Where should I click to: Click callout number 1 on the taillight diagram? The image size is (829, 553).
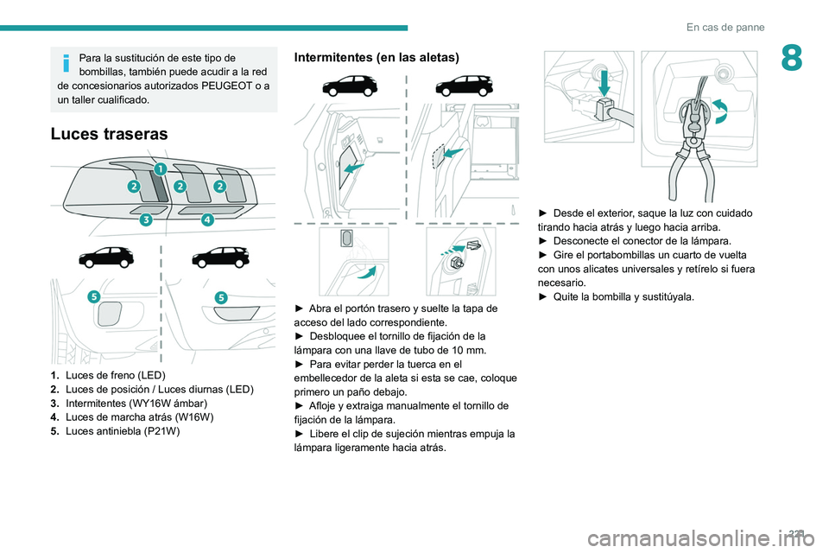coord(161,168)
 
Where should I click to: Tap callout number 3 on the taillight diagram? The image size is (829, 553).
coord(146,219)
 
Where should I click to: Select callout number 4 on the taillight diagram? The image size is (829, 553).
coord(208,219)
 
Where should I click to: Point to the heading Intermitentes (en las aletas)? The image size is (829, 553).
coord(377,57)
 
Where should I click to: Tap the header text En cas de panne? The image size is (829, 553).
coord(725,27)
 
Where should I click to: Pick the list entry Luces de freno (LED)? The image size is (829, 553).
coord(115,375)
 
